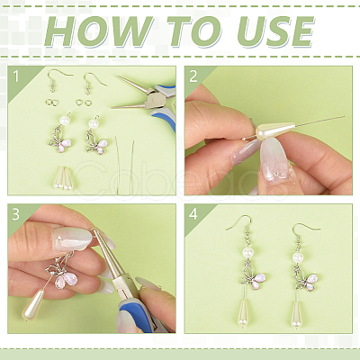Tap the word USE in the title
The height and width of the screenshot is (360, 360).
click(275, 31)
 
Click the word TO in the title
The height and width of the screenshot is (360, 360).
click(194, 31)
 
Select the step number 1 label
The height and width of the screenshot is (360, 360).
click(16, 76)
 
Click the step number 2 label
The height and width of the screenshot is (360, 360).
click(193, 76)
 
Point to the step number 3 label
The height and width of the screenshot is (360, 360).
click(15, 214)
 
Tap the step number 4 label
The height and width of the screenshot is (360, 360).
click(193, 214)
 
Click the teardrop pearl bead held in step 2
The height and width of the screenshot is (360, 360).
click(274, 130)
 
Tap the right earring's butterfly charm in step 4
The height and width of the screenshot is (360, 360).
click(306, 278)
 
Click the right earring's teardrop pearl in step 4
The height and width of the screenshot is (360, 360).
click(297, 314)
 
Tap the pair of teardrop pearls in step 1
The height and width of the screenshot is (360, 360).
click(64, 178)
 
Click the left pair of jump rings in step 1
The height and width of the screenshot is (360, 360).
click(52, 103)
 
